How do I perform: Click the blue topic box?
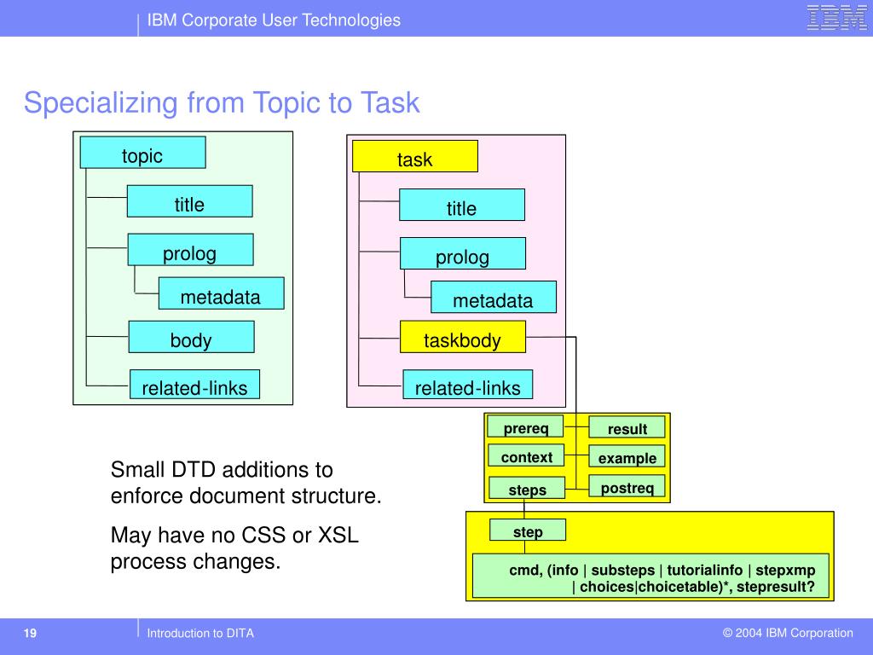[x=142, y=153]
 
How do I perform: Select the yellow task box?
[x=415, y=156]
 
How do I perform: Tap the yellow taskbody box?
[x=463, y=337]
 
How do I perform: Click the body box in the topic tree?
[x=191, y=337]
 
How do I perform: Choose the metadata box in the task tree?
[x=493, y=298]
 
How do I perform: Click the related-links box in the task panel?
[x=467, y=385]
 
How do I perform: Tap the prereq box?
[x=526, y=427]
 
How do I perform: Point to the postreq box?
[x=627, y=487]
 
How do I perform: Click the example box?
[x=627, y=456]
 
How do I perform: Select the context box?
[x=526, y=456]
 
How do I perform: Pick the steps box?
[x=526, y=489]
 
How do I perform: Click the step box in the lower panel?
[x=527, y=530]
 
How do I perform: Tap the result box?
[x=627, y=427]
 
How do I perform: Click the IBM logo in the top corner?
[x=836, y=18]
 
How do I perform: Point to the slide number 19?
[x=30, y=633]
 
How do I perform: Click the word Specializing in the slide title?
[x=101, y=103]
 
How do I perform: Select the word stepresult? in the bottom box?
[x=776, y=587]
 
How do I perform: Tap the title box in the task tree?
[x=462, y=206]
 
